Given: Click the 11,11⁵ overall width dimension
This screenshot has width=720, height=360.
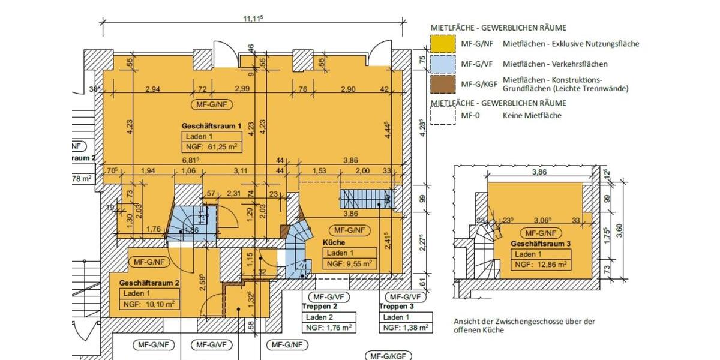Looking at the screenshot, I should click(x=253, y=19).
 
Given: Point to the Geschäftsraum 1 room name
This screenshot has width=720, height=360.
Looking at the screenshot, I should click(x=211, y=126).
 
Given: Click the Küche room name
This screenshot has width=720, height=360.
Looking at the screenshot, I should click(x=334, y=242).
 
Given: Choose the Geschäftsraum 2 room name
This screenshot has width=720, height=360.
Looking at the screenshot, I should click(x=149, y=283).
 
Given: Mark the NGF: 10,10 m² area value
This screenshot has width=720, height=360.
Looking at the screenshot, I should click(x=149, y=304).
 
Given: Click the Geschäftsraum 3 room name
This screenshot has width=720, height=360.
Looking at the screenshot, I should click(x=541, y=244).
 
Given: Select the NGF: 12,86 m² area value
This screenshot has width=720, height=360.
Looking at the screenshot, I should click(x=541, y=264).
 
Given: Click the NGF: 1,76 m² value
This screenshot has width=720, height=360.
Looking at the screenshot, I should click(x=328, y=328).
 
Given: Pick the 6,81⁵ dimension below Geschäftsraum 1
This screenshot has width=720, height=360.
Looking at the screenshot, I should click(x=191, y=160).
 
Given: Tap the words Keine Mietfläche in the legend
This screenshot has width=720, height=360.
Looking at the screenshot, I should click(x=532, y=115).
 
